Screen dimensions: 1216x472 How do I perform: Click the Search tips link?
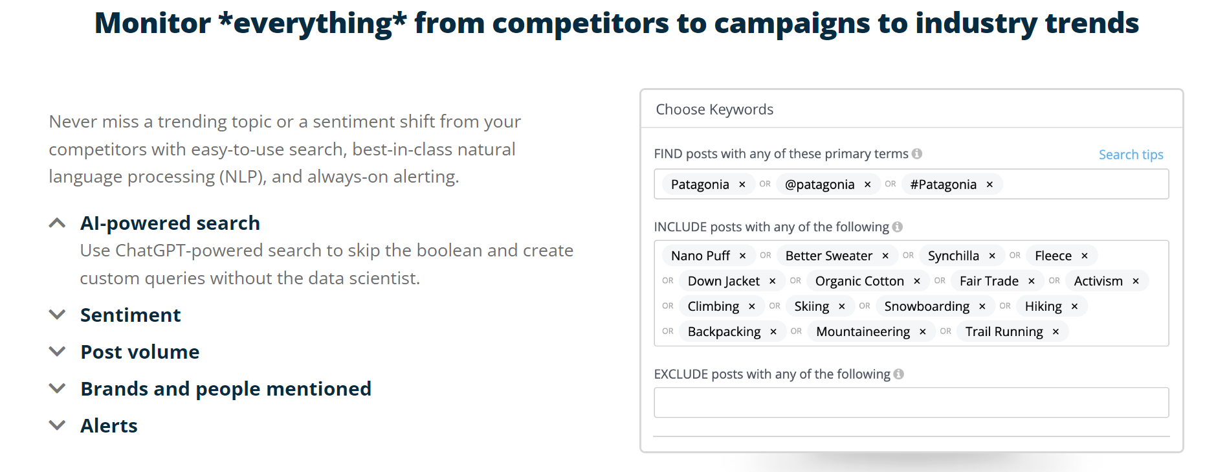point(1131,155)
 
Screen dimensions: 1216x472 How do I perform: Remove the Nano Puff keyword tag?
point(742,256)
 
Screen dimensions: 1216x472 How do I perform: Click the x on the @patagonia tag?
point(867,185)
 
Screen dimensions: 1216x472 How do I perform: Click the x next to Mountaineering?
point(922,332)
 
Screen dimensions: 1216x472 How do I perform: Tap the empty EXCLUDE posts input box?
point(911,403)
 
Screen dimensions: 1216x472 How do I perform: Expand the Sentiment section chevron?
point(58,315)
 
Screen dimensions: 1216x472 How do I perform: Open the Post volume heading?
point(140,352)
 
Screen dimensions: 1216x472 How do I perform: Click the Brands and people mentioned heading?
point(226,389)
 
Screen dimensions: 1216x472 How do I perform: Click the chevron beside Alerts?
point(58,426)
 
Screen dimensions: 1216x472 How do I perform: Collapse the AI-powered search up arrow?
point(58,223)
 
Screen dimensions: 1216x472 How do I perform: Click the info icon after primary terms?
point(917,153)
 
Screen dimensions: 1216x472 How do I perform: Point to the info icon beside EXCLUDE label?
point(899,374)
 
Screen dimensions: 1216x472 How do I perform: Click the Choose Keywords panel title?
point(714,109)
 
